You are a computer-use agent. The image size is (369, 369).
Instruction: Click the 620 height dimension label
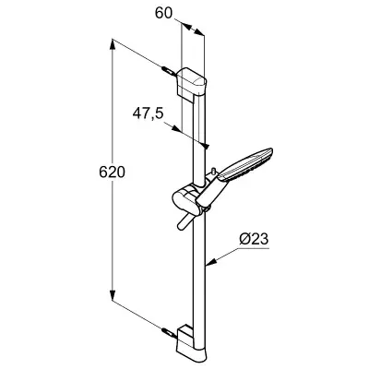coord(113,172)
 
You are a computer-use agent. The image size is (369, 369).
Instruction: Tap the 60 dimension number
coord(164,13)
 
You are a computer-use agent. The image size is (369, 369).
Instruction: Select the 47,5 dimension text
coord(148,113)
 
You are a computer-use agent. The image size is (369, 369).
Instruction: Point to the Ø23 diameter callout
coord(254,239)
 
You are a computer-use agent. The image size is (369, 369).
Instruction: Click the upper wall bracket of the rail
coord(191,83)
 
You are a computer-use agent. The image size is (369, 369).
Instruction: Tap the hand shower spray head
coord(245,164)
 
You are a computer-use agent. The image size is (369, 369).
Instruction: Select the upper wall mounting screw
coord(169,71)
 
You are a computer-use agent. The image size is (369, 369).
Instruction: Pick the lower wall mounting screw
coord(169,333)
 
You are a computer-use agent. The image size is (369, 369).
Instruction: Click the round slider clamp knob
coord(184,200)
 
